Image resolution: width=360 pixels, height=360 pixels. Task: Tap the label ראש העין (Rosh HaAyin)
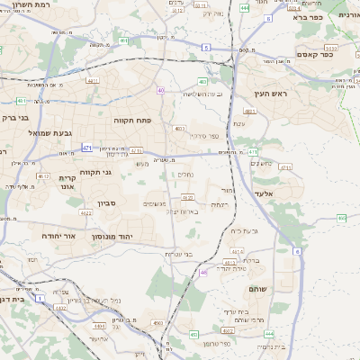pos(269,94)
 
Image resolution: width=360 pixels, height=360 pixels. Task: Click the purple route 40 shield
pos(160,90)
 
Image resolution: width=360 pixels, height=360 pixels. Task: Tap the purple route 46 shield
pos(203,271)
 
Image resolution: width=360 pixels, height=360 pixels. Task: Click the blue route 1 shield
pos(39,296)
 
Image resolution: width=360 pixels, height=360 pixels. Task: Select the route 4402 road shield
pos(60,307)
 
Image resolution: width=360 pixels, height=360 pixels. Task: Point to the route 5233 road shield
pos(331,48)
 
